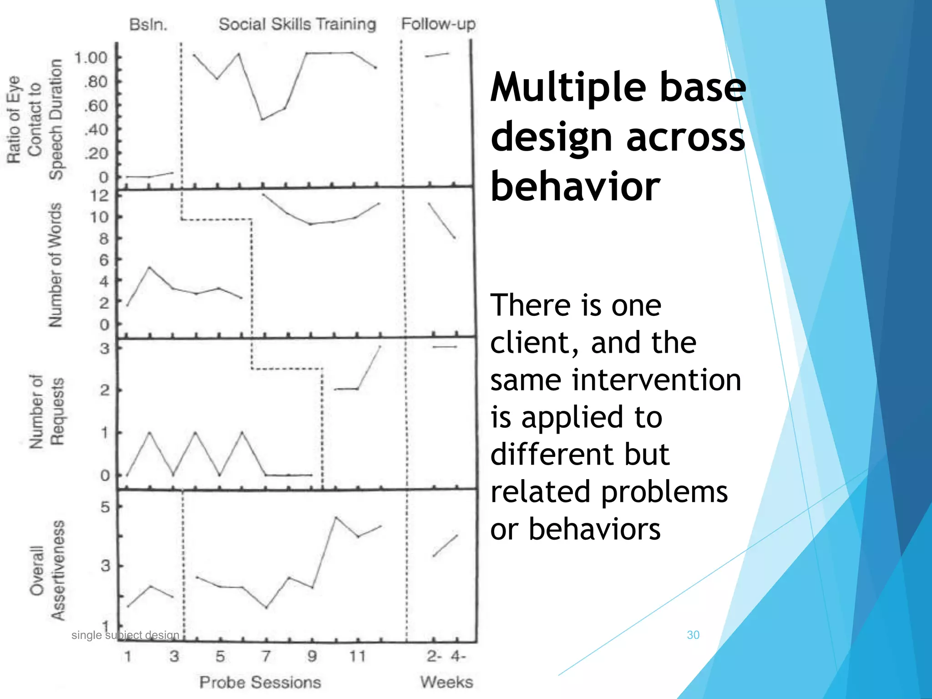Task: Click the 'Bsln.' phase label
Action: (x=148, y=24)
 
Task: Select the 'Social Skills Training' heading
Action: (x=297, y=24)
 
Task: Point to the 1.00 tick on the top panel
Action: (x=91, y=58)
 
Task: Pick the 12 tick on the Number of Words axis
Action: (x=100, y=196)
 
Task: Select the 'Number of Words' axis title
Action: (x=56, y=265)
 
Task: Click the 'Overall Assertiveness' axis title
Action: (x=47, y=570)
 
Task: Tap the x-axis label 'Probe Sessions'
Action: (x=260, y=682)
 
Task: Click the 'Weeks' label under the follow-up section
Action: (x=446, y=682)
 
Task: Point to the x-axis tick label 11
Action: (x=357, y=656)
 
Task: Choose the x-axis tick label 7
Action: (x=266, y=656)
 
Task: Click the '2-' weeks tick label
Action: (x=434, y=656)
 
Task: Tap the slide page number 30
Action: (x=693, y=635)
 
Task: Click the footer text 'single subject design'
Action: (x=125, y=635)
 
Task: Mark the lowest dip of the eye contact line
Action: (x=262, y=119)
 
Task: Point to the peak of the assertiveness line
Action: (x=336, y=517)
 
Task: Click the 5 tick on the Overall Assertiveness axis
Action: (x=105, y=507)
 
